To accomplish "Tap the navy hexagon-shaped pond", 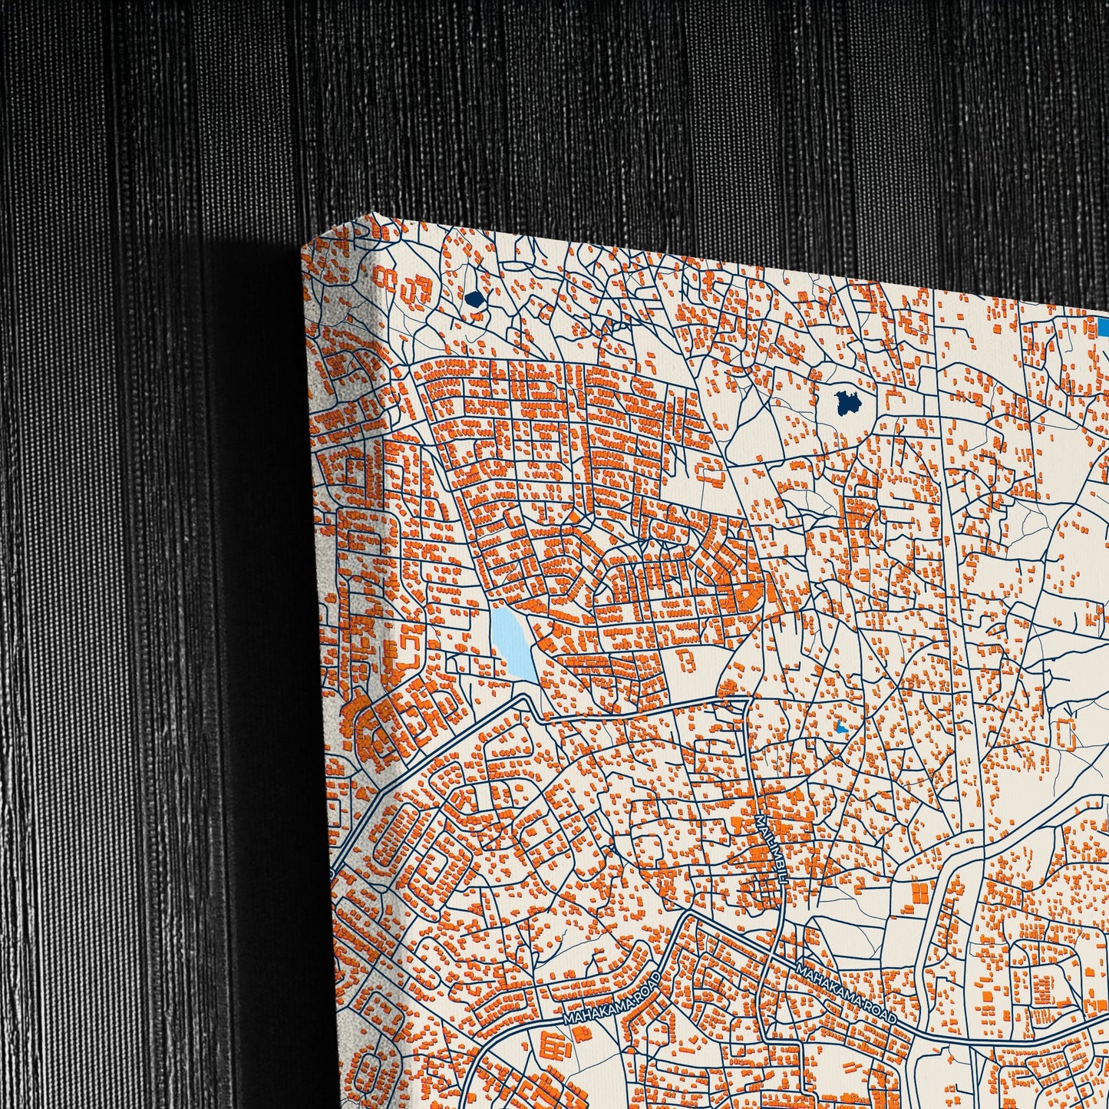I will [x=473, y=299].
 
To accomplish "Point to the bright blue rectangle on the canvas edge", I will [x=1103, y=327].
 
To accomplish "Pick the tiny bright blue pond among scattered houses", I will [x=842, y=725].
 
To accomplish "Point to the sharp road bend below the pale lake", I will [x=525, y=698].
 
